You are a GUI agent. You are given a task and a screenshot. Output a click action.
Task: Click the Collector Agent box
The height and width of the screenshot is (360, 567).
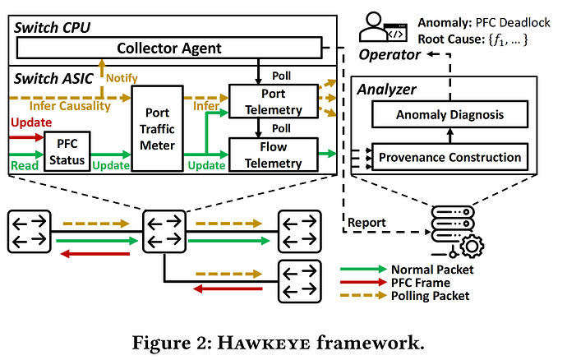(x=169, y=48)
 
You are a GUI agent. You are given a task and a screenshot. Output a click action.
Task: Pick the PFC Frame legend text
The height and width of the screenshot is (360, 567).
(x=420, y=282)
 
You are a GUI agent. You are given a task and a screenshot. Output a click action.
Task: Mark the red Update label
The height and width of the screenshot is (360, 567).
(x=29, y=122)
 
